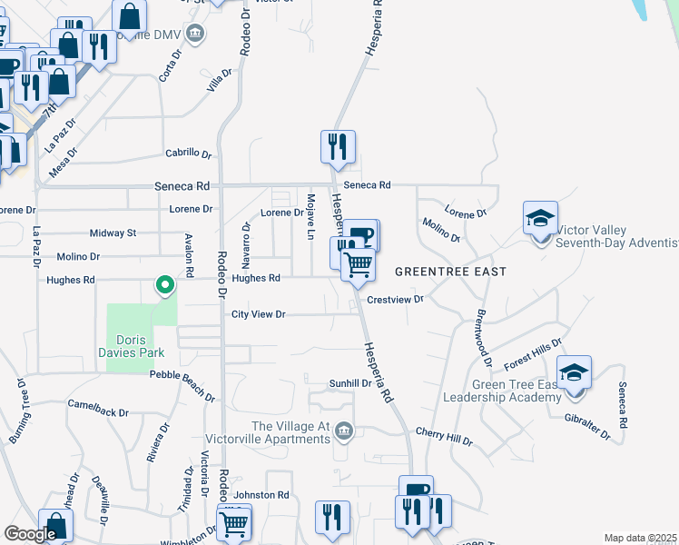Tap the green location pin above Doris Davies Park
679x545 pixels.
[x=164, y=286]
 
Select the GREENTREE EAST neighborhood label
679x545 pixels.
[x=449, y=272]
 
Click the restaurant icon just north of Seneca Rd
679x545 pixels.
[x=338, y=146]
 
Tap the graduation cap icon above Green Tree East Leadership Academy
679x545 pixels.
[x=574, y=373]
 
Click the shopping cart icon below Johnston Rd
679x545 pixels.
[x=233, y=523]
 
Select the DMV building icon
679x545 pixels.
[x=194, y=35]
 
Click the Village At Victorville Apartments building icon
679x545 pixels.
[x=343, y=430]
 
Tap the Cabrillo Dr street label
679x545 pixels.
[x=188, y=154]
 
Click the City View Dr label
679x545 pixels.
[x=259, y=314]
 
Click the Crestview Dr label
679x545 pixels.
[x=396, y=299]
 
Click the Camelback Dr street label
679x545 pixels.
[x=98, y=407]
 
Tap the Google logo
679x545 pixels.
[x=30, y=534]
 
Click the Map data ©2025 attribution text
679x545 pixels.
[x=639, y=538]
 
